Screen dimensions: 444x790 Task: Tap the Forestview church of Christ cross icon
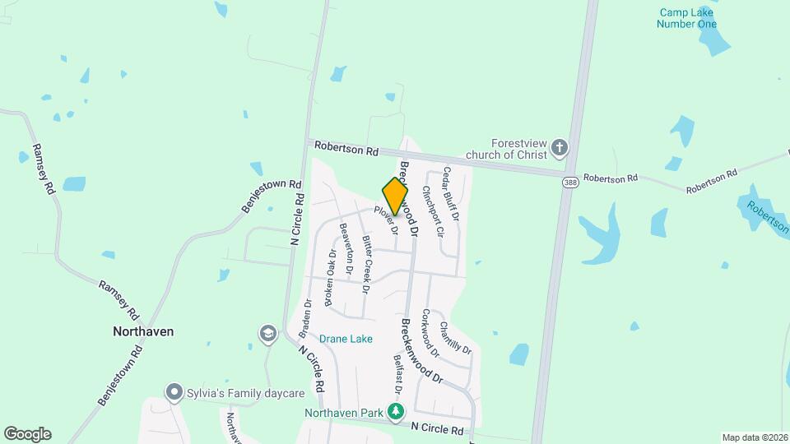(560, 148)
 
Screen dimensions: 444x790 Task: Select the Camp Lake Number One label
(686, 18)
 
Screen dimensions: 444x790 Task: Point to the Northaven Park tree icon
(397, 410)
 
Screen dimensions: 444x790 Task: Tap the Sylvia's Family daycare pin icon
(173, 392)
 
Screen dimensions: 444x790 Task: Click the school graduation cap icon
(267, 333)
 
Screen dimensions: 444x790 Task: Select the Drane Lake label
(346, 339)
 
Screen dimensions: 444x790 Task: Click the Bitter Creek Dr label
(367, 263)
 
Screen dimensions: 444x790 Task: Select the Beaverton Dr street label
(346, 249)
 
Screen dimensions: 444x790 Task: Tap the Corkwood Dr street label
(430, 332)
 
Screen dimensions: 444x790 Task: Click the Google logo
(27, 434)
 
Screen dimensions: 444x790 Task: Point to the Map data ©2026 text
(754, 437)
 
